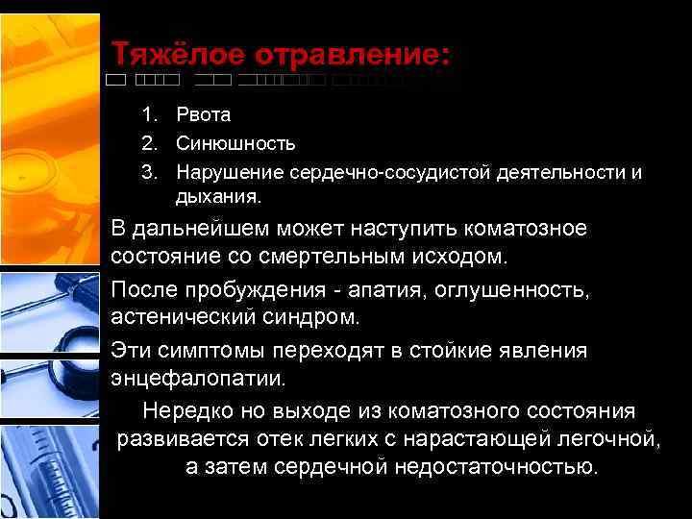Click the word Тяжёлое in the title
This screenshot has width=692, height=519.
pos(169,54)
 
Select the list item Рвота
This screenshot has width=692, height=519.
pos(203,115)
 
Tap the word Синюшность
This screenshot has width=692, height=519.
pos(235,144)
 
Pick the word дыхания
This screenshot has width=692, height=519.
pos(218,199)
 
